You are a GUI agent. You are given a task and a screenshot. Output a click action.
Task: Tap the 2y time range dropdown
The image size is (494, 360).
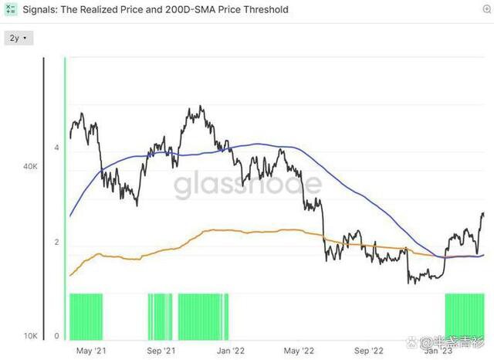[x=17, y=37]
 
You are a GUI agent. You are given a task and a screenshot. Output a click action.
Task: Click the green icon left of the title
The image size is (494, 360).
[x=11, y=10]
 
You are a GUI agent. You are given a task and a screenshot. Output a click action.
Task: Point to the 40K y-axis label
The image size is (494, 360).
[x=31, y=167]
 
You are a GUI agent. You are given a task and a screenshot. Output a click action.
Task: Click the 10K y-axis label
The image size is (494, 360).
[x=31, y=336]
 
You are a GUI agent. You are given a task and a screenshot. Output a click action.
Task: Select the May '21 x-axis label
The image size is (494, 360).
[x=90, y=351]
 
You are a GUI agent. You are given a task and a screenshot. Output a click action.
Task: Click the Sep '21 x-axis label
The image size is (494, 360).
[x=161, y=351]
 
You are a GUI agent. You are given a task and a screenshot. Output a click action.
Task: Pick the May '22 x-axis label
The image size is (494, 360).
[x=300, y=351]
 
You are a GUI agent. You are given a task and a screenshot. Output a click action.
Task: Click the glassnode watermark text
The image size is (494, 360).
[x=247, y=185]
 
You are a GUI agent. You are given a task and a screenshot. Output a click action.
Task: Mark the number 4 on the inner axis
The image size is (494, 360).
[x=56, y=148]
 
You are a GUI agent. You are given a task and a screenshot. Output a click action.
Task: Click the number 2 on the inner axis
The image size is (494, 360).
[x=56, y=243]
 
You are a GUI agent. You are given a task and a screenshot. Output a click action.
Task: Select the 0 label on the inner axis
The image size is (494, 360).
[x=56, y=336]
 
